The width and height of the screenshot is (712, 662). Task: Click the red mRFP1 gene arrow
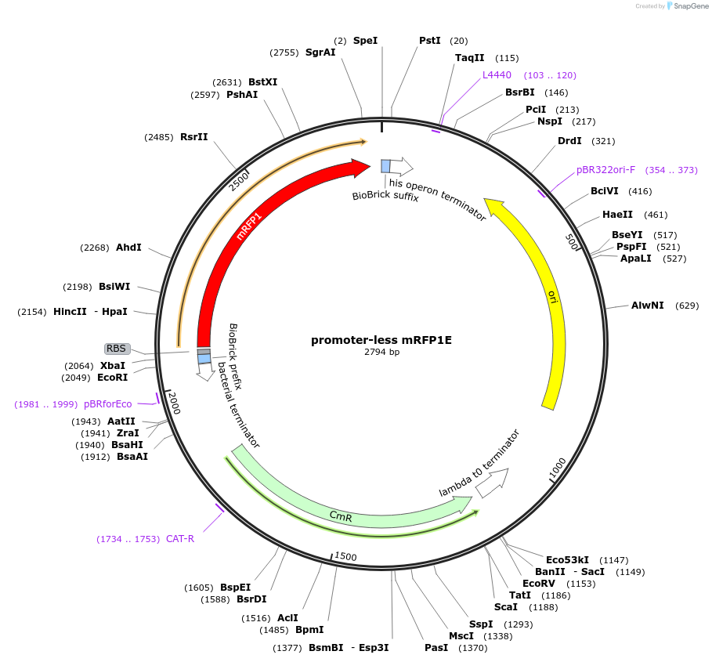tap(235, 235)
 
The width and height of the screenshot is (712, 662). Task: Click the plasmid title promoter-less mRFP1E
tap(381, 340)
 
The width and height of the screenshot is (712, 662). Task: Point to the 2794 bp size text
tap(381, 353)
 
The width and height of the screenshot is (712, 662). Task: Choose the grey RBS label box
tap(117, 349)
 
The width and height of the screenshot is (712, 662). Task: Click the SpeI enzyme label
tap(365, 40)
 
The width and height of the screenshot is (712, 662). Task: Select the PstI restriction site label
tap(430, 40)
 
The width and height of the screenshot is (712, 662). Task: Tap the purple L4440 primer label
tap(497, 75)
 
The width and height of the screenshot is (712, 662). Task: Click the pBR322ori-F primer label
tap(605, 169)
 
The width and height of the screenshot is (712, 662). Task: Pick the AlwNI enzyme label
tap(648, 306)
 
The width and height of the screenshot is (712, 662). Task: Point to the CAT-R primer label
tap(179, 539)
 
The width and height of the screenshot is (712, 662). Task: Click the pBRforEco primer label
tap(108, 404)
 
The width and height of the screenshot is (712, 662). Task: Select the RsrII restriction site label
tap(194, 136)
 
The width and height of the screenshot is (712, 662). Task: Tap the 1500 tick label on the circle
tap(345, 556)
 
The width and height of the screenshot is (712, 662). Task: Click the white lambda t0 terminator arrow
tap(492, 483)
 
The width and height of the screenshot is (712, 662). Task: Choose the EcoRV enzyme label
tap(538, 584)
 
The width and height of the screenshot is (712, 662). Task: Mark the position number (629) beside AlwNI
tap(685, 306)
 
